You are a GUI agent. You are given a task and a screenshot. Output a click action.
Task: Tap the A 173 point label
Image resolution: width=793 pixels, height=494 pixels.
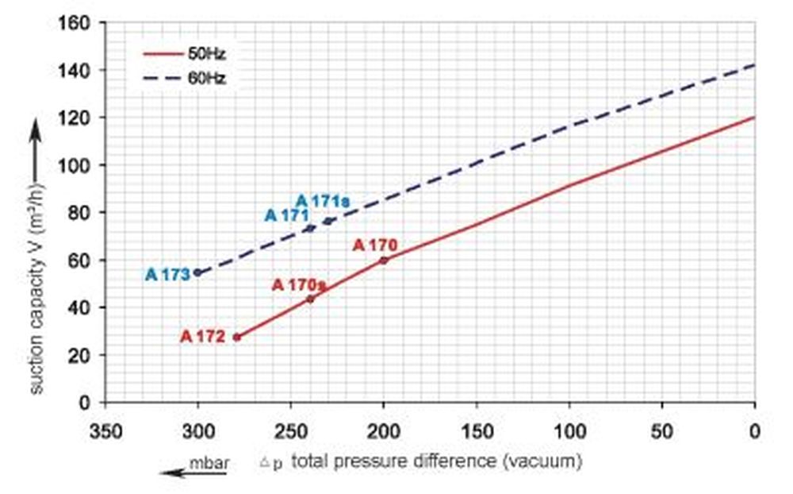167,275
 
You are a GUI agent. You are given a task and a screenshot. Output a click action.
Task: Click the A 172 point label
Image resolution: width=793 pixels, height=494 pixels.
202,337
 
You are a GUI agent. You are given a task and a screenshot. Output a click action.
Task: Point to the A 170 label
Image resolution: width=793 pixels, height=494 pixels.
374,245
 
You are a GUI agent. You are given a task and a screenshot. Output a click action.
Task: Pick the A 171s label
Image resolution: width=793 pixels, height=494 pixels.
322,201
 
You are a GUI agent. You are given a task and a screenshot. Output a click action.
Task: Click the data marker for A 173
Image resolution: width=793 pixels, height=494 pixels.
197,272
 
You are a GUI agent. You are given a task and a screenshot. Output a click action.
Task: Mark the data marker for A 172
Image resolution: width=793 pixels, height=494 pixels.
236,338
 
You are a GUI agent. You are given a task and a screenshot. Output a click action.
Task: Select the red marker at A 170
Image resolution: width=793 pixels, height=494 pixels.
384,260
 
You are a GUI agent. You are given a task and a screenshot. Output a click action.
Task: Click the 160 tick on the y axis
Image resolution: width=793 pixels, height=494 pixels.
75,21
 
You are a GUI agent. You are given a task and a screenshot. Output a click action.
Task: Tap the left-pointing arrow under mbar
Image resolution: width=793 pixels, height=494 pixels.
193,473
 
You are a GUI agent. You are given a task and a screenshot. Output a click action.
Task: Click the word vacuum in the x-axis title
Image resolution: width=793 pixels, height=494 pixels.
549,461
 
